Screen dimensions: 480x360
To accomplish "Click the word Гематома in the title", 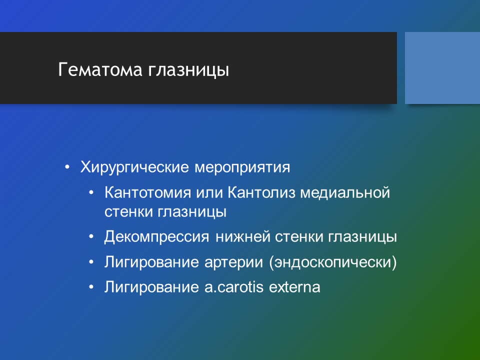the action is pos(100,69).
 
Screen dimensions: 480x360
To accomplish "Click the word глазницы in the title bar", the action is pos(188,70).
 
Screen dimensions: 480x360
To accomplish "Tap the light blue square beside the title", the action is pos(442,68).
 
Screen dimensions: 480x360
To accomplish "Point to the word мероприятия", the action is pos(242,168).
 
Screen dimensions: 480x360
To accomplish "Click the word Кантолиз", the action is pos(261,193).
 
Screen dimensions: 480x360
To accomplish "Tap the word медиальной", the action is pos(345,193).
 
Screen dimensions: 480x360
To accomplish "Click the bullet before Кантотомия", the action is pos(91,193).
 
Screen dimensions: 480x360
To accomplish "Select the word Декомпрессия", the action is pos(156,237).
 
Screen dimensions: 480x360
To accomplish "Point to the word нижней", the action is pos(242,237).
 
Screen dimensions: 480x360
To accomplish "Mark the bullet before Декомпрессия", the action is pos(91,237).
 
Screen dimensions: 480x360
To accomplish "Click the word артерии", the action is pos(233,262).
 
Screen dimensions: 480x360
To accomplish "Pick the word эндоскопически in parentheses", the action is pos(333,262).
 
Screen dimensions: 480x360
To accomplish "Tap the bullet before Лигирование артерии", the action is pos(91,262).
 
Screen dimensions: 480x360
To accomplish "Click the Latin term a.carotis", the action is pos(234,287).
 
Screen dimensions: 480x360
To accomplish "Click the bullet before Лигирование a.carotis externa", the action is pos(91,287).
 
